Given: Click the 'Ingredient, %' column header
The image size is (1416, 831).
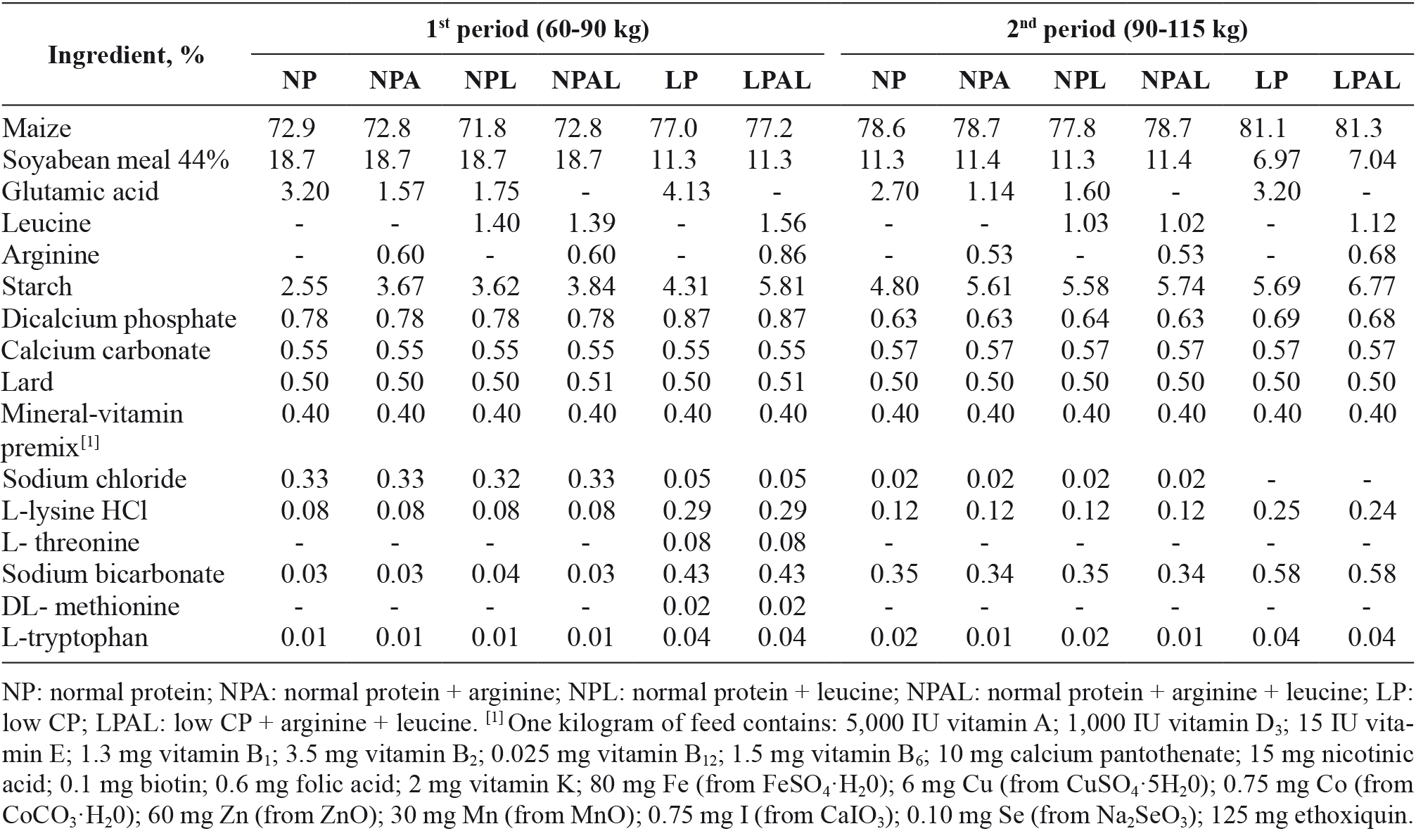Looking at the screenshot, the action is pyautogui.click(x=126, y=55).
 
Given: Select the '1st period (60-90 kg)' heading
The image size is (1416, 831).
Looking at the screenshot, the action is pyautogui.click(x=537, y=29).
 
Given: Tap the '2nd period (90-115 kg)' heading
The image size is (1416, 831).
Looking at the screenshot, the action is pyautogui.click(x=1127, y=29).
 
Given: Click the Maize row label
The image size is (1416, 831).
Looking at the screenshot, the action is pyautogui.click(x=37, y=128).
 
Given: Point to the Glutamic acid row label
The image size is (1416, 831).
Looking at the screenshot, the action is pyautogui.click(x=81, y=191).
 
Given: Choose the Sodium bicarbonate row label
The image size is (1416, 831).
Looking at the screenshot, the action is pyautogui.click(x=113, y=574).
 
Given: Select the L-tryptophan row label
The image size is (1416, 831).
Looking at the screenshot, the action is pyautogui.click(x=75, y=638).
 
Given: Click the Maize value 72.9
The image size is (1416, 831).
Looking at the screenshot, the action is pyautogui.click(x=291, y=128).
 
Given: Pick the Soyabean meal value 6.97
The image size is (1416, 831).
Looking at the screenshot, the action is pyautogui.click(x=1276, y=160).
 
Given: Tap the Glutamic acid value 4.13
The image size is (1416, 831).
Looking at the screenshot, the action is pyautogui.click(x=687, y=191).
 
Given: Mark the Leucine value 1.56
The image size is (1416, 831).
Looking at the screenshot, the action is pyautogui.click(x=782, y=223).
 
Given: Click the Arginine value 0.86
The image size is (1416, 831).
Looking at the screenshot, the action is pyautogui.click(x=782, y=255).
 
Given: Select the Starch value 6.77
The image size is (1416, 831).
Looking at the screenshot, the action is pyautogui.click(x=1372, y=286).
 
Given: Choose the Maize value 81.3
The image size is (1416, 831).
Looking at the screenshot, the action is pyautogui.click(x=1358, y=128).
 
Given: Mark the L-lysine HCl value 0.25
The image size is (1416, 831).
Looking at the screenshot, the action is pyautogui.click(x=1276, y=510).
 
